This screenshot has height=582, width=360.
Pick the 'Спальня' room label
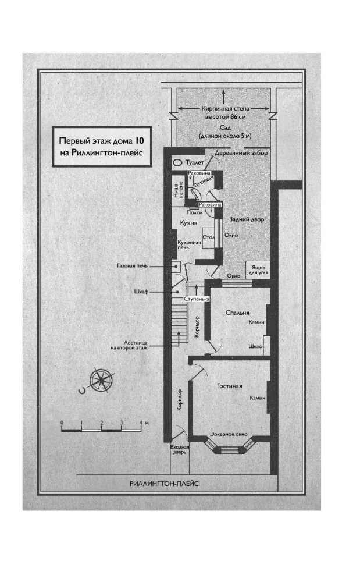coord(237,312)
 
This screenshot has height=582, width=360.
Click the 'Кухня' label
coord(187,222)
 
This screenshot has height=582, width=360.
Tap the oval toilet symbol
coord(176,164)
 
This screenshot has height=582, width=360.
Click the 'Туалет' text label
coord(195,164)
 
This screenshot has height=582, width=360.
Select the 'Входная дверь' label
coord(179,449)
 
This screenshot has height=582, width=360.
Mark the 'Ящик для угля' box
coord(259,268)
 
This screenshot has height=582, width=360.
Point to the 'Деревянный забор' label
coord(240,153)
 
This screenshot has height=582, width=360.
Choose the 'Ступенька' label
coord(194,298)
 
